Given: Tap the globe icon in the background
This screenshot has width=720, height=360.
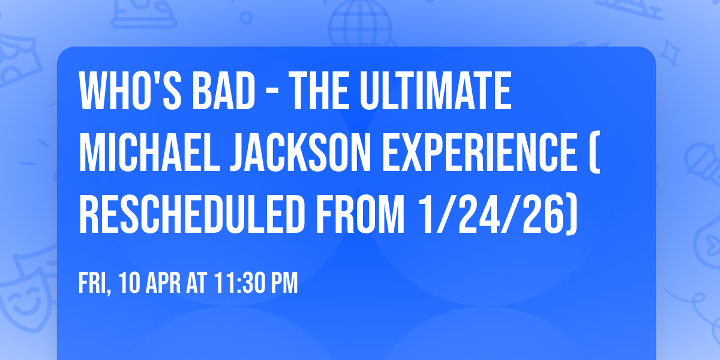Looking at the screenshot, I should pos(358,21).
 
